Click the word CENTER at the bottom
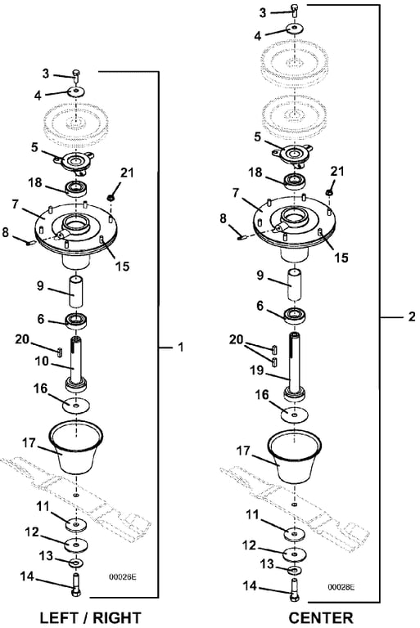tap(321, 617)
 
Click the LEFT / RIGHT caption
tap(91, 617)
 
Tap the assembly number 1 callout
tap(180, 347)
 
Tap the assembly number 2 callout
tap(412, 316)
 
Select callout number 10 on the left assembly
tap(42, 361)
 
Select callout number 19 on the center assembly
tap(257, 370)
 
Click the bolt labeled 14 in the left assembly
tap(76, 585)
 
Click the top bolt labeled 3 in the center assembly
tap(296, 11)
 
